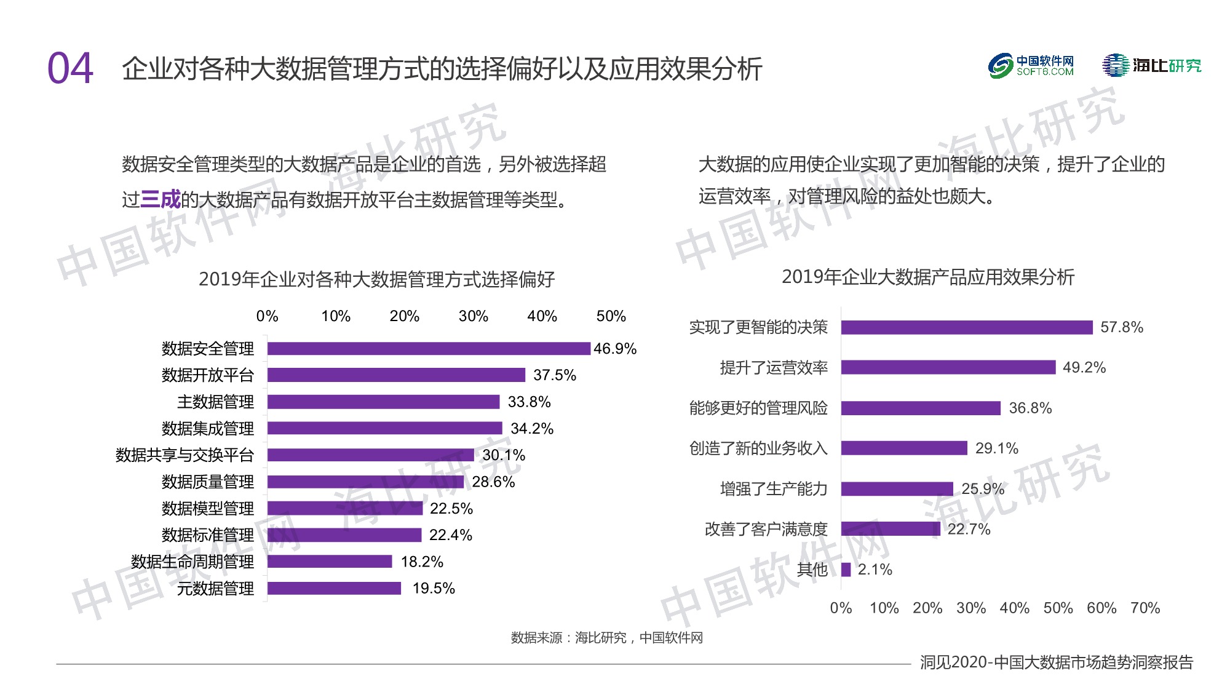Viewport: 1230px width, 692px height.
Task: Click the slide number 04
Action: pos(70,68)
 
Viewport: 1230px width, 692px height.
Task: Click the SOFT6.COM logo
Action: pos(1031,66)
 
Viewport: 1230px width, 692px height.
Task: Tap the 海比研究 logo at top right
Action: pos(1151,65)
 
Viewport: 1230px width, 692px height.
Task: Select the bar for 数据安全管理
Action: pos(429,349)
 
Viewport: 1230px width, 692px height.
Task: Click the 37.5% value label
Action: pos(554,375)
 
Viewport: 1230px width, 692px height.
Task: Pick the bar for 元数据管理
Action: pos(334,588)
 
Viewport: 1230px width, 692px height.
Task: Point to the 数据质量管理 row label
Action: pos(207,482)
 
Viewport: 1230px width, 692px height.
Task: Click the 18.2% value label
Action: pos(422,562)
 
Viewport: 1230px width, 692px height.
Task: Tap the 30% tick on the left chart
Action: pos(473,316)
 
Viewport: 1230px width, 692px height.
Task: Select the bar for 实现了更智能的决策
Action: pos(967,327)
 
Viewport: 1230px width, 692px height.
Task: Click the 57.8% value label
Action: pos(1121,327)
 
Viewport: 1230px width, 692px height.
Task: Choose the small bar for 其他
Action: pos(846,570)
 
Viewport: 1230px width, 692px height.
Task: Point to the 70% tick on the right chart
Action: pos(1145,608)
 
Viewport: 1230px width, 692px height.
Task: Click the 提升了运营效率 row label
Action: pos(774,368)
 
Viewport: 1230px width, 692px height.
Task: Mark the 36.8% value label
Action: pos(1030,408)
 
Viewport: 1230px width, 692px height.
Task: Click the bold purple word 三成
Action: pos(161,199)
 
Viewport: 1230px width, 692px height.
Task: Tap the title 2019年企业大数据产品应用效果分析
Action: pos(928,277)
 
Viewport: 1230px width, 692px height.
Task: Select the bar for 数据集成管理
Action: pos(384,428)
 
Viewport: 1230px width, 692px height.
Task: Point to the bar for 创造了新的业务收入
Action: pos(904,448)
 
